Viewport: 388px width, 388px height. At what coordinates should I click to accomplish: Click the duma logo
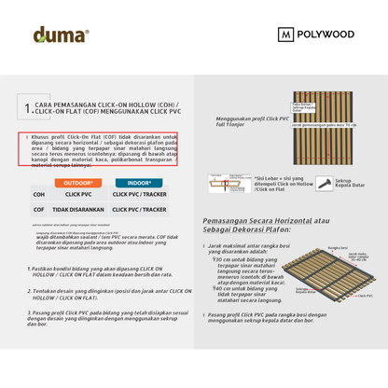[x=61, y=35]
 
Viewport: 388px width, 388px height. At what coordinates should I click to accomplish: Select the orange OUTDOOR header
[x=78, y=183]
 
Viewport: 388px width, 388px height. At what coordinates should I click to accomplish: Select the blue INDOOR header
[x=139, y=183]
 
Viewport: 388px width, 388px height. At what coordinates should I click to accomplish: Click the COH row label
[x=39, y=195]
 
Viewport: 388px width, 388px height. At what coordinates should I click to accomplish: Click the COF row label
[x=39, y=210]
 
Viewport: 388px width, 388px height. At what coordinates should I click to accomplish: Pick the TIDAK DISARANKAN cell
[x=78, y=210]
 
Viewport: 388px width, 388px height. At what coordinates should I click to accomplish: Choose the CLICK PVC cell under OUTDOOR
[x=78, y=195]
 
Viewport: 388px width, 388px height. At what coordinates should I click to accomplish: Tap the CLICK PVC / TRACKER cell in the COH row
[x=139, y=195]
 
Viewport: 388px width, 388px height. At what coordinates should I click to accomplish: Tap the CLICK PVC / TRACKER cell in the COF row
[x=139, y=210]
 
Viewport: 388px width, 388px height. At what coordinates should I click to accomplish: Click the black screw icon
[x=325, y=183]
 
